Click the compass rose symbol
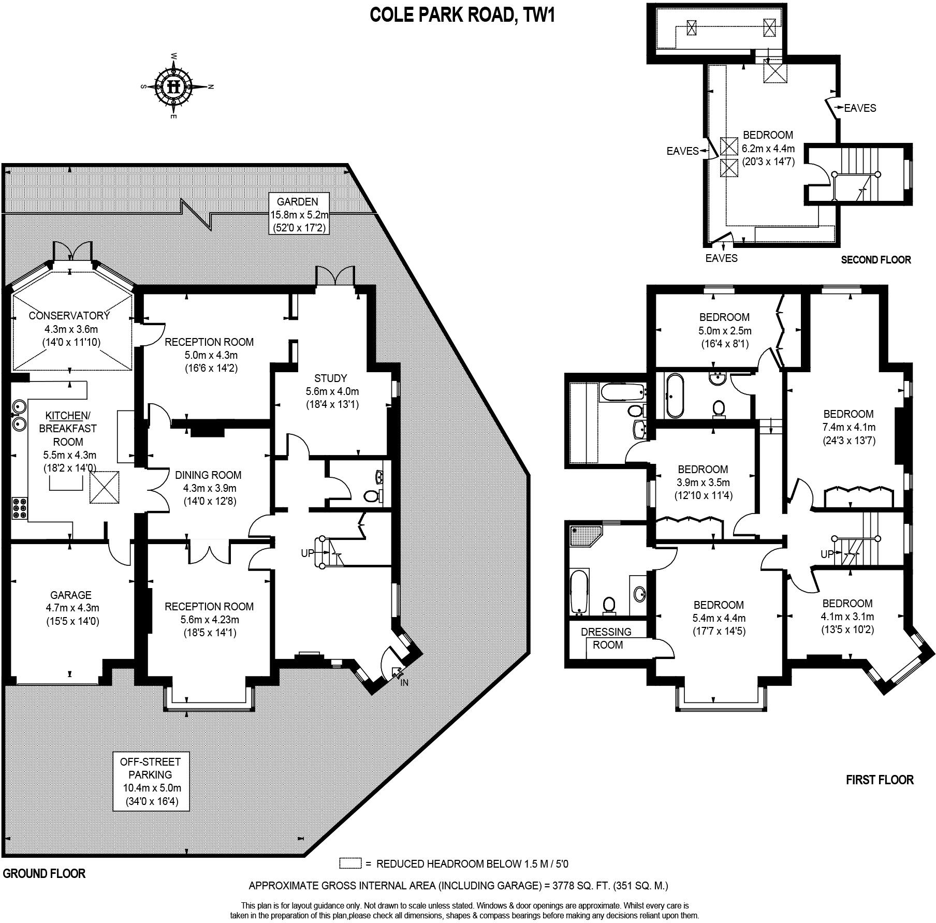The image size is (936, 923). [174, 86]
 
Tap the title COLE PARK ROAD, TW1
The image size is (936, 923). [462, 16]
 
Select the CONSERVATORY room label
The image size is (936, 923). [69, 315]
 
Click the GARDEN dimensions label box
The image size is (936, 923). [297, 214]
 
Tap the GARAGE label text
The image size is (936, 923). [71, 595]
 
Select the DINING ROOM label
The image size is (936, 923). [208, 475]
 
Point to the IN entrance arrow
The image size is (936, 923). [397, 673]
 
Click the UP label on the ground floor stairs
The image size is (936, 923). [308, 553]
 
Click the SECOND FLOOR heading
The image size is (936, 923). [875, 260]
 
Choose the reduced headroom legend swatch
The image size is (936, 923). [350, 863]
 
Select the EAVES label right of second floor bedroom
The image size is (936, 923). [860, 108]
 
